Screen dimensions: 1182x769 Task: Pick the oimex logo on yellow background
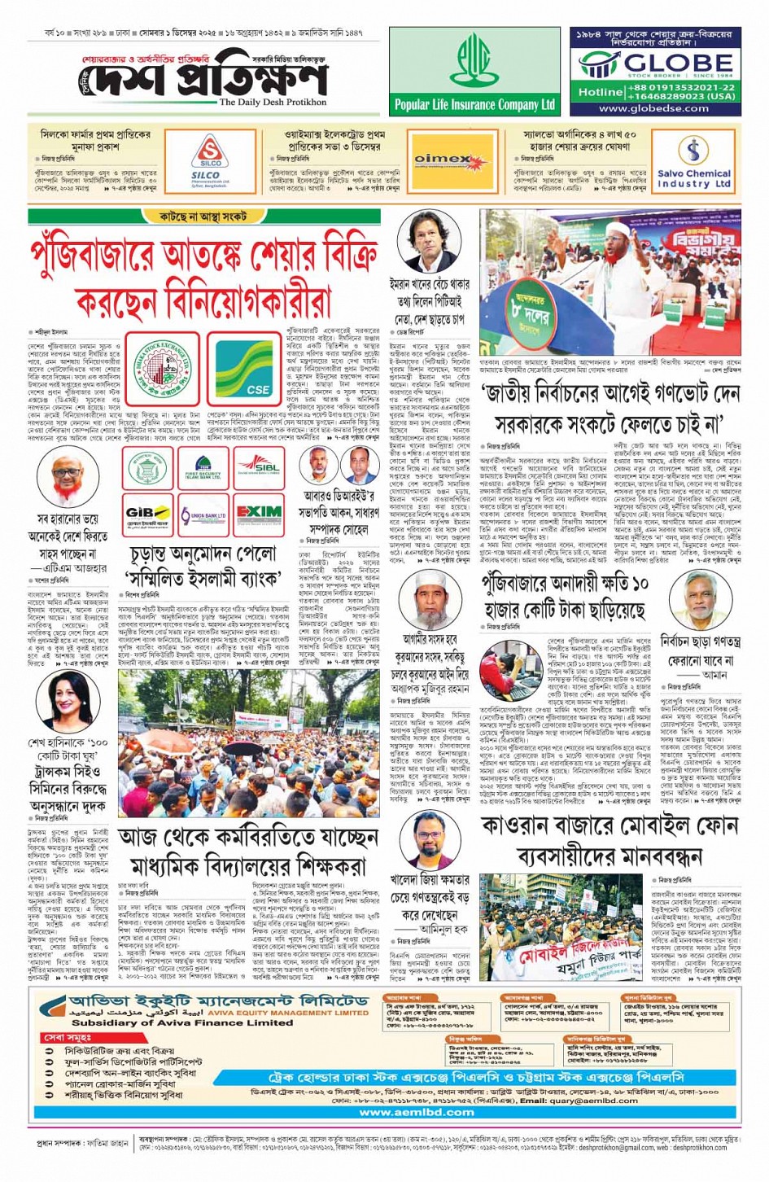point(443,160)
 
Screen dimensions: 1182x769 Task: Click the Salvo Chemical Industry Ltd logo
point(693,161)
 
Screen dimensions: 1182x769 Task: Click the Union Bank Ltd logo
point(203,515)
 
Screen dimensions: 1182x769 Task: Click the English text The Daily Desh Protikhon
point(273,103)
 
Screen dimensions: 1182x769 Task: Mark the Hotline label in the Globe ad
point(601,92)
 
